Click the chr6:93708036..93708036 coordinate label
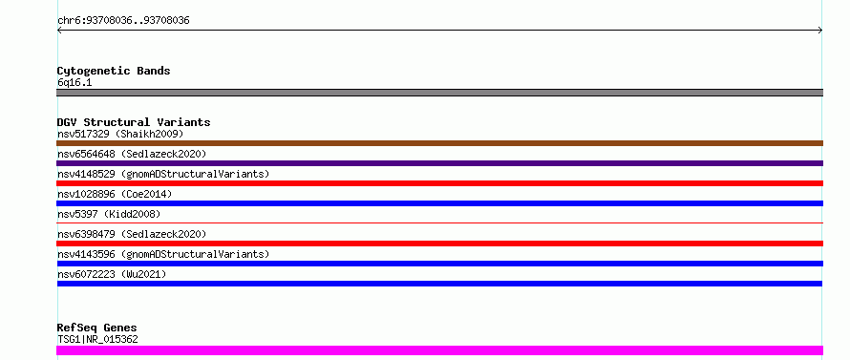coord(123,21)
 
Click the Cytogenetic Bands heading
coord(114,71)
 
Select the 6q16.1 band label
coord(74,82)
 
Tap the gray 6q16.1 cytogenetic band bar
coord(439,93)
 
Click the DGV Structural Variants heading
coord(134,122)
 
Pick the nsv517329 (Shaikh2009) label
coord(120,134)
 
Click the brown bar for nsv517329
coord(439,143)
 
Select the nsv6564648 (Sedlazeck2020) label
coord(132,154)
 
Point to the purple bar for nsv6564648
coord(439,163)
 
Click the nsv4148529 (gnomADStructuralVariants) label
coord(163,174)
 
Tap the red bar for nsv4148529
coord(439,183)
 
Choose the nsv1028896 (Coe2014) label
coord(115,194)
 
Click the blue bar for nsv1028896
coord(439,203)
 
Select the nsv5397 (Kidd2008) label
coord(109,214)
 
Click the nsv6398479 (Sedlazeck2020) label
coord(132,234)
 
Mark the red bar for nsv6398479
coord(439,244)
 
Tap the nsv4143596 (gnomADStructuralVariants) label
coord(163,254)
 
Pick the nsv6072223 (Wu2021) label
coord(112,274)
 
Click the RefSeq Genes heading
coord(96,328)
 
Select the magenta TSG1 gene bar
coord(439,350)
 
